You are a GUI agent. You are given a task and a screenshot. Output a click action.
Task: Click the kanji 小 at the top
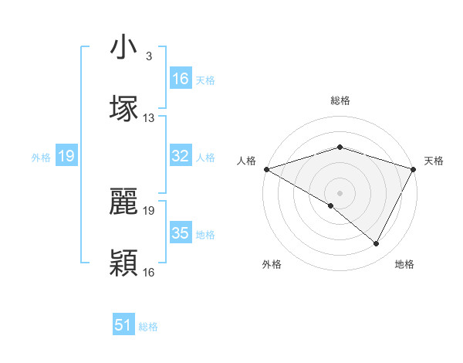[x=123, y=48]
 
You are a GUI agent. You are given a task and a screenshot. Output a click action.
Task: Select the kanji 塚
[x=123, y=107]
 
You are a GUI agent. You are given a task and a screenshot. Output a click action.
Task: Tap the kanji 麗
[x=123, y=200]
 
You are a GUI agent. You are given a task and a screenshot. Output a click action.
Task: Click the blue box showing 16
[x=181, y=79]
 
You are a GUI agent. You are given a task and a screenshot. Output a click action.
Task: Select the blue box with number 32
[x=181, y=156]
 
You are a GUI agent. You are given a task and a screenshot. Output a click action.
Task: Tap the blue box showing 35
[x=181, y=233]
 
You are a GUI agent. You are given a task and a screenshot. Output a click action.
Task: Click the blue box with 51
[x=123, y=326]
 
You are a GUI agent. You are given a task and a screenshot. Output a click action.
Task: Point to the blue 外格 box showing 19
[x=66, y=156]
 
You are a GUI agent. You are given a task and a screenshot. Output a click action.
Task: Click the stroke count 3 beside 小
[x=149, y=56]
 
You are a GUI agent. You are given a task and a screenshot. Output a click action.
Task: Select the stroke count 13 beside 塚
[x=149, y=118]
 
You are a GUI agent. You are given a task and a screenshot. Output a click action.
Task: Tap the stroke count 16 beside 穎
[x=149, y=272]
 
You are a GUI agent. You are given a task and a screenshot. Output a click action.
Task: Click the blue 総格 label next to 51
[x=148, y=327]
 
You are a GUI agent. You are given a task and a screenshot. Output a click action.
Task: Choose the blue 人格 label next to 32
[x=205, y=157]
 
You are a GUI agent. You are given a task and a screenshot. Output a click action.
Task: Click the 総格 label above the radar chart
[x=340, y=100]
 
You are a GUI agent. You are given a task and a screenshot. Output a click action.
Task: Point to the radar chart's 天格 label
[x=434, y=161]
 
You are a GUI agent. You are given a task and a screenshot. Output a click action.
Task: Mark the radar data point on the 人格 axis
[x=266, y=168]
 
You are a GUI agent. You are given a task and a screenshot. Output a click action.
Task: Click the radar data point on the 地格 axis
[x=377, y=244]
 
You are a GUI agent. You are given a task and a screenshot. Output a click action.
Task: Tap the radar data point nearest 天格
[x=414, y=168]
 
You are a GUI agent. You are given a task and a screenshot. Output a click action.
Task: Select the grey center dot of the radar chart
[x=340, y=192]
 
